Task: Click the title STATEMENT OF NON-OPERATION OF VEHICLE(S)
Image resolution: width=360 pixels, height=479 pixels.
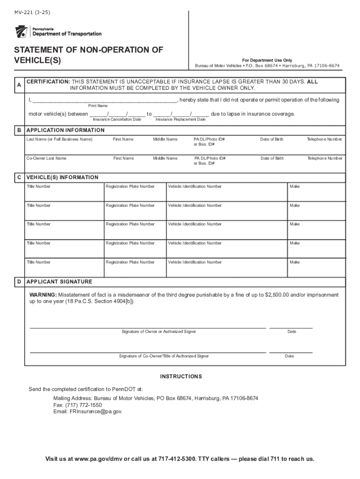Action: (x=88, y=55)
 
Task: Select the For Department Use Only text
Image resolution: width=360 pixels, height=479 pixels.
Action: (x=267, y=60)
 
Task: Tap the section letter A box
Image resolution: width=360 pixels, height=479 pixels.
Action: (x=19, y=85)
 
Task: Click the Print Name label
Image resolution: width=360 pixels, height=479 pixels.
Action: (x=98, y=106)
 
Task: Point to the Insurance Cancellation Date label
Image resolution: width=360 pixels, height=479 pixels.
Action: (x=117, y=120)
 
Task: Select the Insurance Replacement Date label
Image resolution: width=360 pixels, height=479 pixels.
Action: (x=180, y=120)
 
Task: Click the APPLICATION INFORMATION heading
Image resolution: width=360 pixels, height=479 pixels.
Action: (x=65, y=130)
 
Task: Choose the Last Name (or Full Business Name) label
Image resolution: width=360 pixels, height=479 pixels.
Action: (x=59, y=139)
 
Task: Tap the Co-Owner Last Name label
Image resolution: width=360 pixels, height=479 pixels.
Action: (x=46, y=158)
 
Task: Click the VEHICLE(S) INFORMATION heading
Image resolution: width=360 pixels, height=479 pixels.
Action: (x=62, y=177)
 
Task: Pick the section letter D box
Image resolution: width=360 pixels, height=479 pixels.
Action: (x=19, y=282)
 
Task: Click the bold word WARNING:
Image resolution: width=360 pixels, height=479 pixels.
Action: (x=43, y=295)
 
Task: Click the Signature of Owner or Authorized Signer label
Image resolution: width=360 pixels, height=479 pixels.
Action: (x=158, y=332)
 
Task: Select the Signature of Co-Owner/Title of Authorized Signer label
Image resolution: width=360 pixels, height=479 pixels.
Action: (x=164, y=356)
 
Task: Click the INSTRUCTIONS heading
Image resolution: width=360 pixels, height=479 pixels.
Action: (x=181, y=377)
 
